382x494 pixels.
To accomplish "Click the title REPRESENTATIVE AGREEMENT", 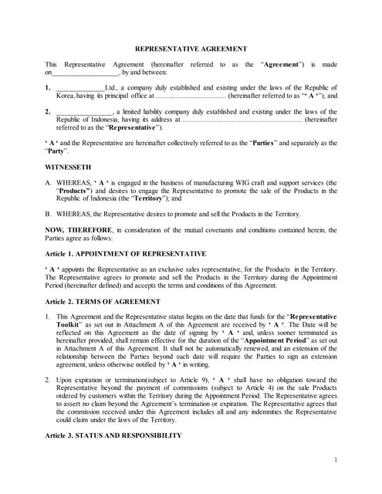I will point(191,48).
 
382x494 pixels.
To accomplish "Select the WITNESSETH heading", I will point(67,166).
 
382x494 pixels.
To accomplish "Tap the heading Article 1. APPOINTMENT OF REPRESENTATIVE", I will point(125,253).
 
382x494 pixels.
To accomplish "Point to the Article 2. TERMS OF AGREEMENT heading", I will point(103,300).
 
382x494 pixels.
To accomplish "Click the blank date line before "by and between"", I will point(85,73).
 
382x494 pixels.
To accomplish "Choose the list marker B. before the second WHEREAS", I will point(49,214).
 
